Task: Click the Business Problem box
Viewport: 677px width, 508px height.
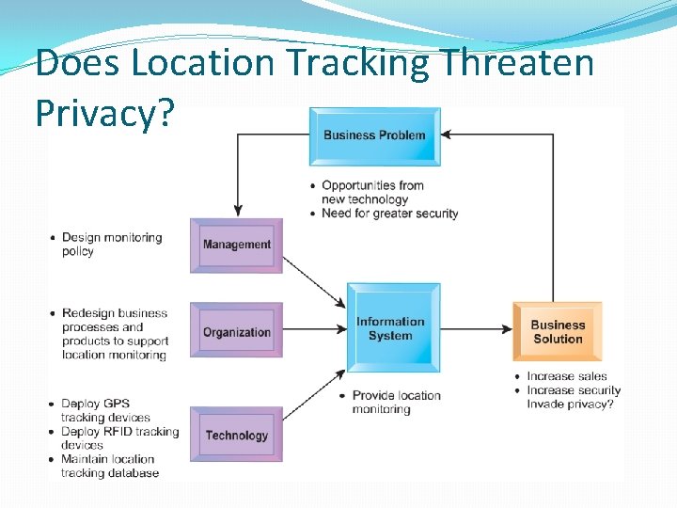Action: [374, 135]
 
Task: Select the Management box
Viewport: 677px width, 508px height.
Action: [236, 245]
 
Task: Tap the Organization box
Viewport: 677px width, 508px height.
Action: [236, 331]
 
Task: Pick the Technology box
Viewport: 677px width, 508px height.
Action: [236, 435]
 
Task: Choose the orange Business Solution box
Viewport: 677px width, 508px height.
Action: [558, 331]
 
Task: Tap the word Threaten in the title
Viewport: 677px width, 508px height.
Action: [517, 64]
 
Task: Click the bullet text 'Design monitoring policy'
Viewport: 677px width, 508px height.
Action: [111, 245]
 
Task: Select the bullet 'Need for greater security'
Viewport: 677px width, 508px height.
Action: [389, 214]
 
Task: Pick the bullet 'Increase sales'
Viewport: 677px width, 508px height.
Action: [566, 376]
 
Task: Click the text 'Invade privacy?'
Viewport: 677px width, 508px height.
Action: [570, 405]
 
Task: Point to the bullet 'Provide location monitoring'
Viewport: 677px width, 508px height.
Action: [395, 402]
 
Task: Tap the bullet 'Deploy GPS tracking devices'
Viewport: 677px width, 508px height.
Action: [105, 410]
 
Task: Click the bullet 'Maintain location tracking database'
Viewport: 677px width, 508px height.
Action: [109, 466]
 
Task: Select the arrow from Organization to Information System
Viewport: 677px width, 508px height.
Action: [315, 330]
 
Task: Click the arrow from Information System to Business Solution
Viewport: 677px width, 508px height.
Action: [475, 330]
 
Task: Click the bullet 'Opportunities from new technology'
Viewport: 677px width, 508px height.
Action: [372, 192]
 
